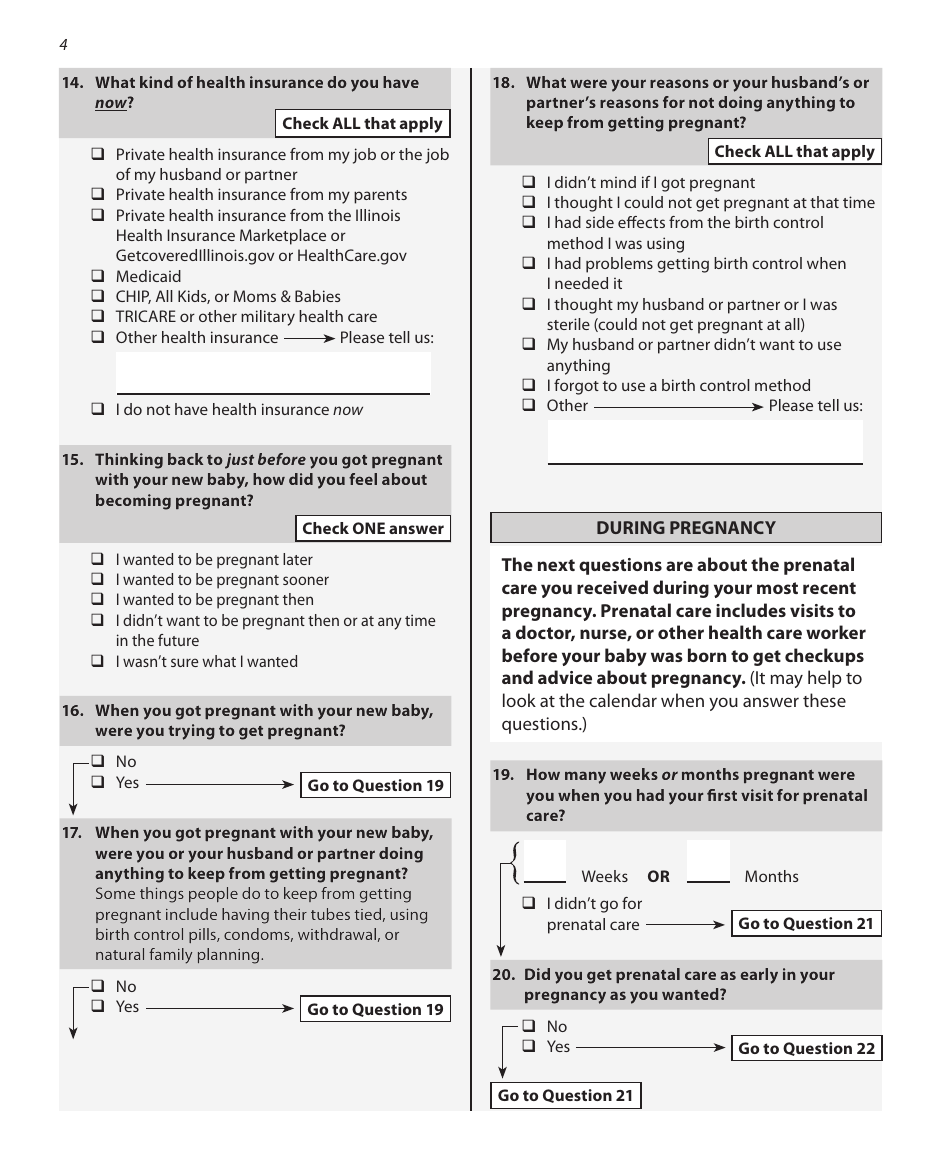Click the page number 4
pos(63,45)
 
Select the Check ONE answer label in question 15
pos(373,529)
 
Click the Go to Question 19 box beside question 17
pos(375,1010)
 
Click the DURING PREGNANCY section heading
pos(686,528)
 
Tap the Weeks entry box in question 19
pos(545,861)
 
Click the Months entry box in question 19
pos(708,861)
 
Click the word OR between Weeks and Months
pos(658,877)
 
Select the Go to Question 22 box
pos(806,1049)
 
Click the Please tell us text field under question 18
pos(705,442)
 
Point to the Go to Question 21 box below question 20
pos(565,1096)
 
